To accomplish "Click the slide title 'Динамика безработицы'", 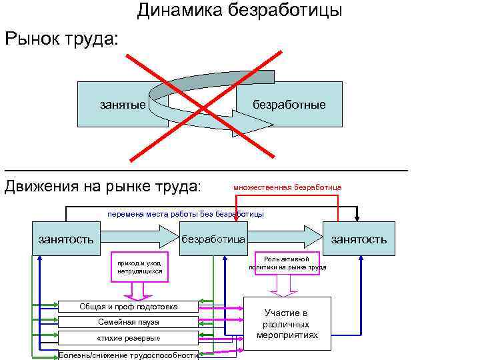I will [240, 11].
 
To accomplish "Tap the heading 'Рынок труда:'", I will [62, 38].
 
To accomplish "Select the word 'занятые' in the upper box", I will [123, 105].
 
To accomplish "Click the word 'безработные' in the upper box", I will [289, 105].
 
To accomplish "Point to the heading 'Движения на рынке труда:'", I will [103, 185].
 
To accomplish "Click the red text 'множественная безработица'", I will [287, 187].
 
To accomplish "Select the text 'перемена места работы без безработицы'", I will [186, 214].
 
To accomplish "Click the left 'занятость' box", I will [64, 238].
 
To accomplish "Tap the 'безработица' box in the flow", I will [213, 238].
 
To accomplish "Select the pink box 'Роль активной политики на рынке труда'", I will [287, 263].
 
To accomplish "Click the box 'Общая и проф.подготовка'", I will [129, 307].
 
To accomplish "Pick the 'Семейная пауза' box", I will [129, 322].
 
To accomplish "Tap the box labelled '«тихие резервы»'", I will [129, 337].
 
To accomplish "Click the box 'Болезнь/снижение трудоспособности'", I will [129, 354].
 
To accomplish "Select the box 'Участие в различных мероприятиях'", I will [287, 323].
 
